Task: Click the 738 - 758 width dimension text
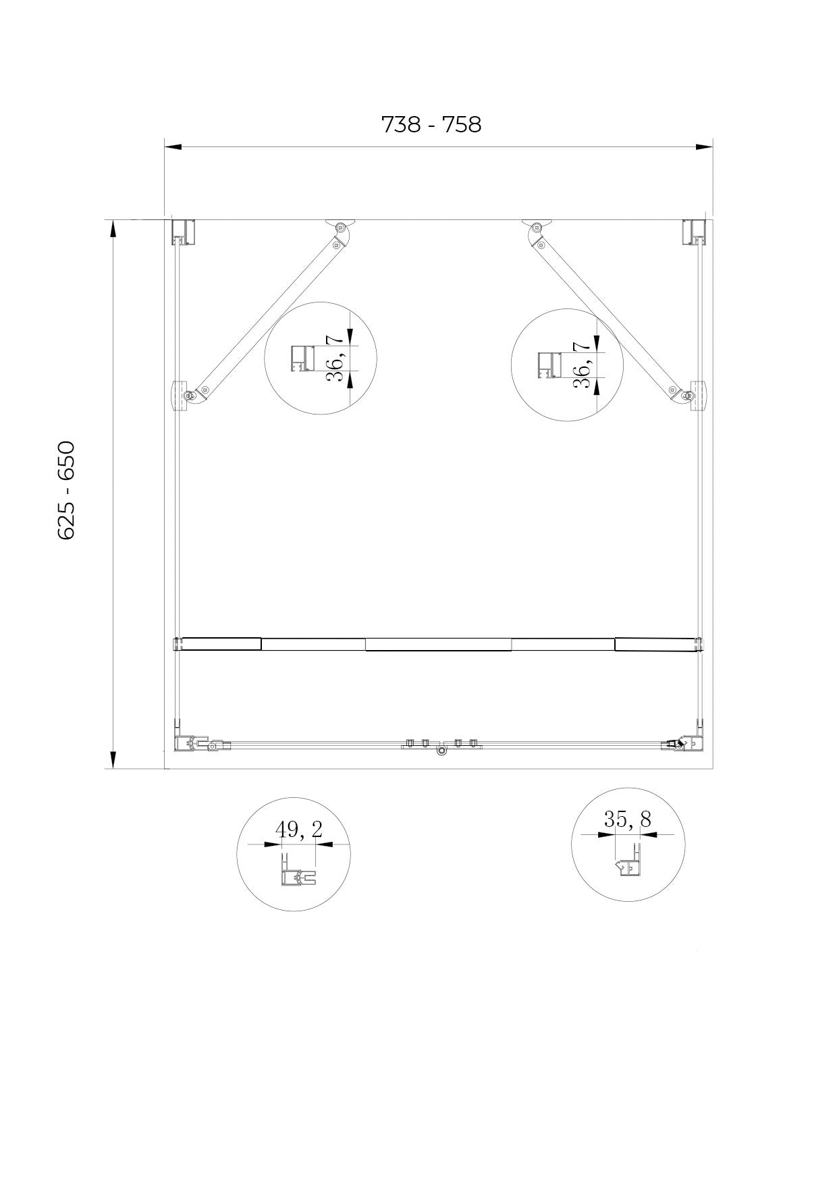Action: [x=431, y=125]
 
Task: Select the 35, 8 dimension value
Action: [x=627, y=819]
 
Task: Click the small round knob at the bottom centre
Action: [x=441, y=751]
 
